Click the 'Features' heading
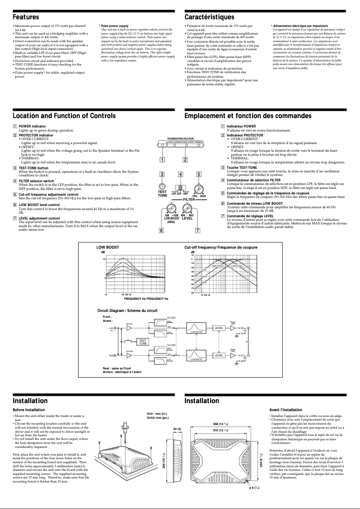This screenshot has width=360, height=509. coord(25,17)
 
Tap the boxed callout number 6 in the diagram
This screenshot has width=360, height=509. coord(162,231)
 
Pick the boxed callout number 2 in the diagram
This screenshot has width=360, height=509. coord(185,159)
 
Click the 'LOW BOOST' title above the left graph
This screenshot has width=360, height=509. coord(108,247)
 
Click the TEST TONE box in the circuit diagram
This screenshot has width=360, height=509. coord(142,342)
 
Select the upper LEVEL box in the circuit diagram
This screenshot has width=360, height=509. coord(219,328)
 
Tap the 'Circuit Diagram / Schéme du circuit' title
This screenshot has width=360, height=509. coord(127,310)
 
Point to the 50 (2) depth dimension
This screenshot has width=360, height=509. coord(177,430)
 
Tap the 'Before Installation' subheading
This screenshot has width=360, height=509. coord(29,410)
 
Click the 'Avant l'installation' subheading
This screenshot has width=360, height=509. coord(285,410)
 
